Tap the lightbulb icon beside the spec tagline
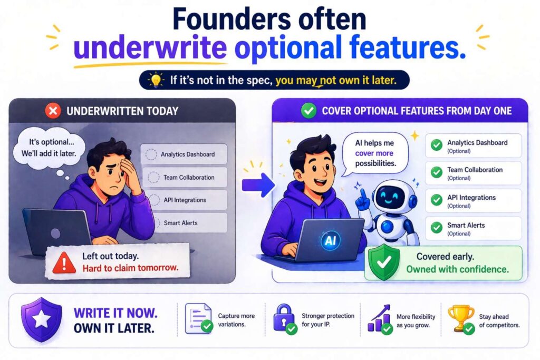click(x=156, y=80)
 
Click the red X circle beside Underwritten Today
click(x=53, y=111)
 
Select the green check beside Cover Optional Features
click(x=308, y=111)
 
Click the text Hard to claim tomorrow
click(x=130, y=268)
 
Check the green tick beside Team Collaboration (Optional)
click(x=437, y=172)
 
